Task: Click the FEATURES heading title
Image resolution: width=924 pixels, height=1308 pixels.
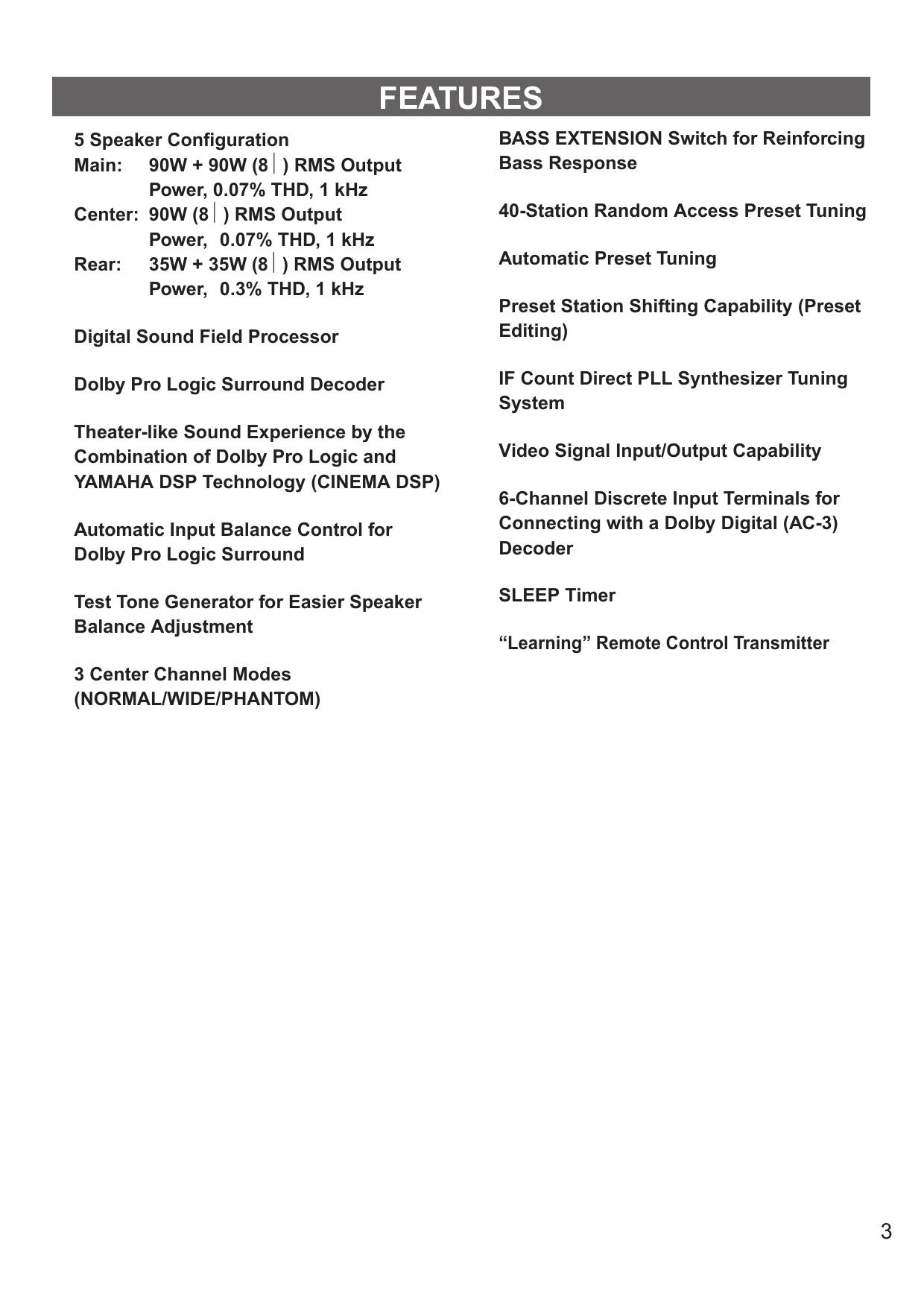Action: coord(461,98)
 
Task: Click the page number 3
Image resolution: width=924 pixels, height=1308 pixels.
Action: coord(886,1231)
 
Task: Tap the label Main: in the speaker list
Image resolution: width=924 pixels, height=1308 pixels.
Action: coord(98,165)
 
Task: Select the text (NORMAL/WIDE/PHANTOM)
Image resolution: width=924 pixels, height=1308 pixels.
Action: coord(197,699)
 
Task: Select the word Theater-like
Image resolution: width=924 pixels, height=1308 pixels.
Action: coord(126,432)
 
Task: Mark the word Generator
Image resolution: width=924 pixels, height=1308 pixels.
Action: coord(204,602)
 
